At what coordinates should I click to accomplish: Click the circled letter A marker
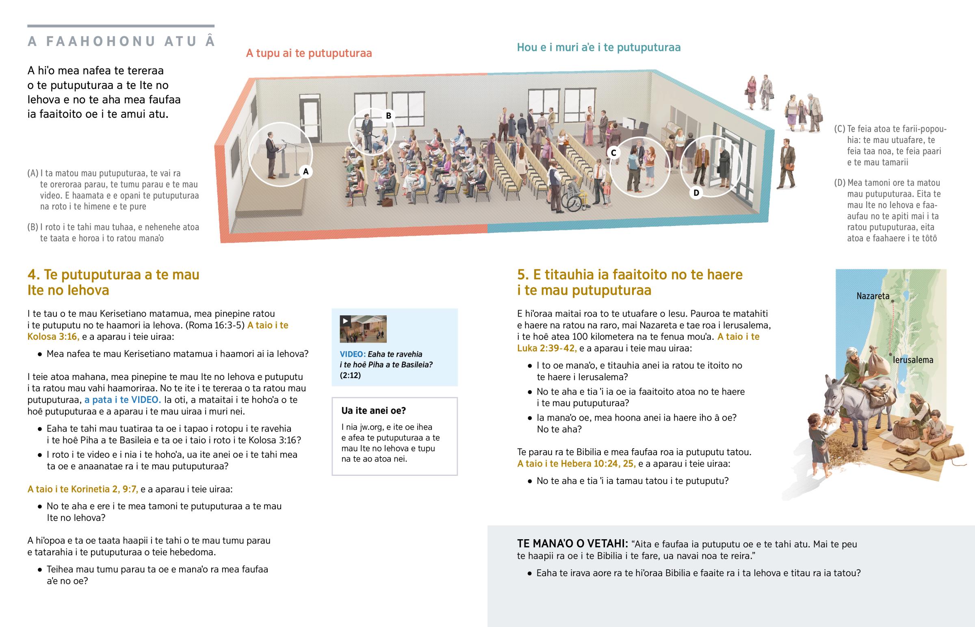pos(305,171)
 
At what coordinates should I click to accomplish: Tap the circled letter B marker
pos(389,116)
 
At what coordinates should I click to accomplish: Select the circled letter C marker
pos(614,153)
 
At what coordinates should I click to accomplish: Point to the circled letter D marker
pos(696,193)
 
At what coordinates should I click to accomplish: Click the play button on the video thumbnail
pos(345,321)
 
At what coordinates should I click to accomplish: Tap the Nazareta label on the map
pos(873,296)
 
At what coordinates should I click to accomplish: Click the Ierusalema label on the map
pos(913,360)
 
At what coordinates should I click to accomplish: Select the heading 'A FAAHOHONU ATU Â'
pos(121,41)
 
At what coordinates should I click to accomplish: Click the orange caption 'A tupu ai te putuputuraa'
pos(309,53)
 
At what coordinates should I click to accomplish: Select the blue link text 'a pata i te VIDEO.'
pos(123,400)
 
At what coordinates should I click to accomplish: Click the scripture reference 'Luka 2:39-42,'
pos(547,348)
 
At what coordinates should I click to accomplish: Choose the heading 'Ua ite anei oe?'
pos(374,410)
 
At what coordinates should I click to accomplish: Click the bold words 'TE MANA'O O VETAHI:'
pos(572,544)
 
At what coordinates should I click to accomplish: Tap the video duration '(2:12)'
pos(350,375)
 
